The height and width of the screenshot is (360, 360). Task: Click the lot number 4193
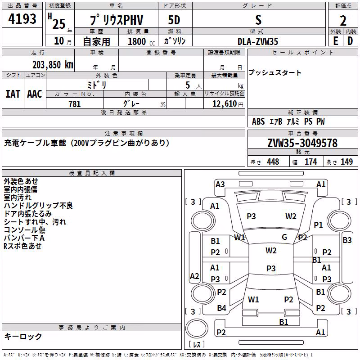point(22,19)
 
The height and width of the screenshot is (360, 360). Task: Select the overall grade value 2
point(343,21)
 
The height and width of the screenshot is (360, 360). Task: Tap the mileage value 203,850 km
point(53,65)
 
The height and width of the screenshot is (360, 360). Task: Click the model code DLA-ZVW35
point(258,41)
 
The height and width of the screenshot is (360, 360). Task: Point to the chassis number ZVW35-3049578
point(302,143)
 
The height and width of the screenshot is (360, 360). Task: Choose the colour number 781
point(75,104)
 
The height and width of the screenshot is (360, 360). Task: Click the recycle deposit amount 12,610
point(225,104)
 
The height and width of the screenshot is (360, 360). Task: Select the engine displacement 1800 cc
point(141,41)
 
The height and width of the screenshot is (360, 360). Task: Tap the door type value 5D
point(174,20)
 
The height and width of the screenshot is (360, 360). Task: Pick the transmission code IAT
point(13,94)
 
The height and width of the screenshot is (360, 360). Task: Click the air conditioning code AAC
point(35,94)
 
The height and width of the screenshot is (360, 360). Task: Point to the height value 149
point(346,162)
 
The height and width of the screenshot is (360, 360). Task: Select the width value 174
point(310,162)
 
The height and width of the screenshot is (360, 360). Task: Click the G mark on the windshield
point(284,237)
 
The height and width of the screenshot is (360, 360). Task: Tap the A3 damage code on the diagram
point(220,184)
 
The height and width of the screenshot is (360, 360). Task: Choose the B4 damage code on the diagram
point(221,308)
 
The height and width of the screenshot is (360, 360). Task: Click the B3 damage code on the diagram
point(347,240)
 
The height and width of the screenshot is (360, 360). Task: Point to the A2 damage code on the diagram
point(194,276)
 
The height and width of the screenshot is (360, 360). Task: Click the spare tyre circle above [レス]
point(197,328)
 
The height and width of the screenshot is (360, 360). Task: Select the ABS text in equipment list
point(258,121)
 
